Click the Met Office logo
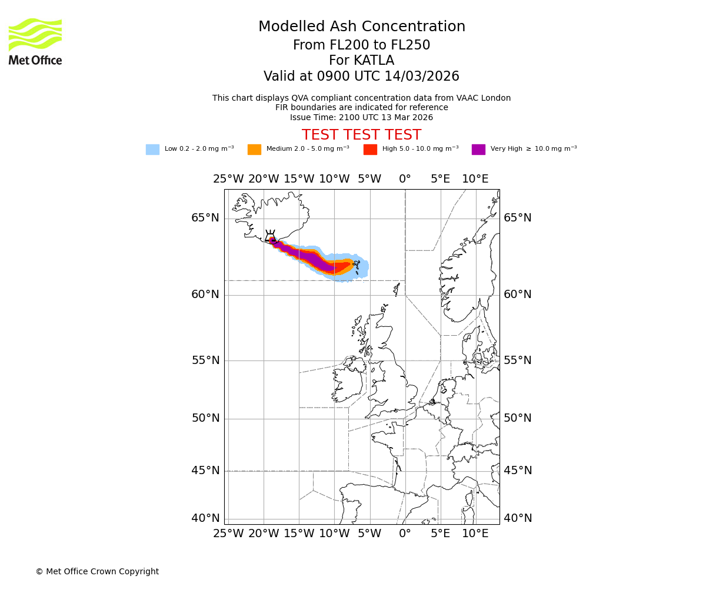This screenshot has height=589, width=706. [35, 41]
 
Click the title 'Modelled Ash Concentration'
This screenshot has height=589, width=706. [361, 27]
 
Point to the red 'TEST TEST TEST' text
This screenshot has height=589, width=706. [361, 135]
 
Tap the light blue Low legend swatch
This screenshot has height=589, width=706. [152, 150]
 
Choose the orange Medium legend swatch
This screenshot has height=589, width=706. [254, 150]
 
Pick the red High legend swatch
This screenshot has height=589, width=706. [370, 150]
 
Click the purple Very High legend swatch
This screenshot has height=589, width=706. [478, 150]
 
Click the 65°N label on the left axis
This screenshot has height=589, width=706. [205, 218]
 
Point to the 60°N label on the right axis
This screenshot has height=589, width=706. [517, 294]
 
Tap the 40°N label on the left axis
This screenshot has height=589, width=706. [205, 518]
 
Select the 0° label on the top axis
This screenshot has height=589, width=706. [405, 179]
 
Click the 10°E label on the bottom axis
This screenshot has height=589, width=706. [475, 534]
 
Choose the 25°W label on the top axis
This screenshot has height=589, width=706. [228, 179]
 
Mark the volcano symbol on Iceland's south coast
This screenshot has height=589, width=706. [270, 237]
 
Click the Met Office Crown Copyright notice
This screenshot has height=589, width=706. [97, 571]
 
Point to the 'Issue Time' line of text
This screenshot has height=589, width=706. [361, 117]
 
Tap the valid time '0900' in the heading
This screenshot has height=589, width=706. [334, 77]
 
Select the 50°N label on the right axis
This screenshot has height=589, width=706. [517, 418]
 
